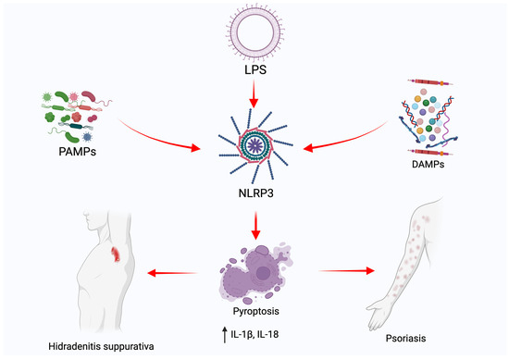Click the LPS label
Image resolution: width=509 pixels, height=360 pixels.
tap(254, 71)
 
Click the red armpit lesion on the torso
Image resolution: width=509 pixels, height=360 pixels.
tap(116, 252)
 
